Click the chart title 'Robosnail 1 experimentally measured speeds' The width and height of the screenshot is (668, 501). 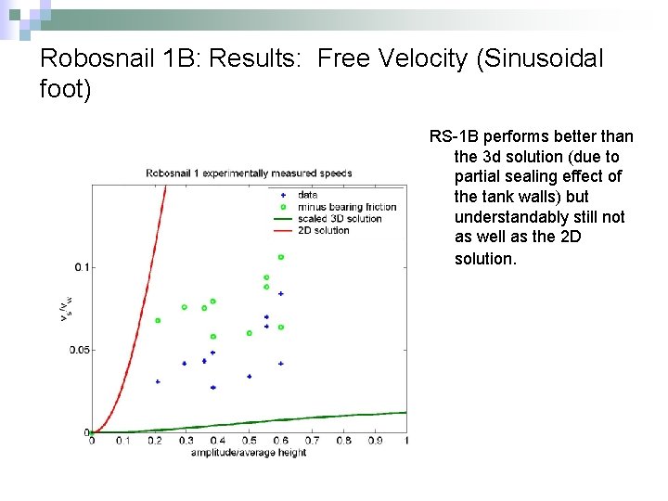point(249,173)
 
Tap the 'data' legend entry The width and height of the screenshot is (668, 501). point(307,195)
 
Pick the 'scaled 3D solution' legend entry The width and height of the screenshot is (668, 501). point(340,219)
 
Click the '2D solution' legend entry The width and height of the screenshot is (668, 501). point(324,230)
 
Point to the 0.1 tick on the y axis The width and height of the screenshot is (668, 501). point(82,267)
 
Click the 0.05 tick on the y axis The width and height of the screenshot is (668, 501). point(79,350)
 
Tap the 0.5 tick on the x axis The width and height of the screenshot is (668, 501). point(249,441)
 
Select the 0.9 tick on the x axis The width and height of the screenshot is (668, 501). point(375,441)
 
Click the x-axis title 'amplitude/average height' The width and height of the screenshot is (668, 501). point(248,452)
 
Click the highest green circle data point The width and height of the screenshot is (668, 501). point(280,257)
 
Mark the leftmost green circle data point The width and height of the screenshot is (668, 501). point(158,320)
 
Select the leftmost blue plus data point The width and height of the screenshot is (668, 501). point(158,381)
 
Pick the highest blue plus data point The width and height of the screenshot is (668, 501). point(280,293)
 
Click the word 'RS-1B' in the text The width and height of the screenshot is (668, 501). point(450,137)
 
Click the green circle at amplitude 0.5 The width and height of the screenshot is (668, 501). point(249,333)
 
